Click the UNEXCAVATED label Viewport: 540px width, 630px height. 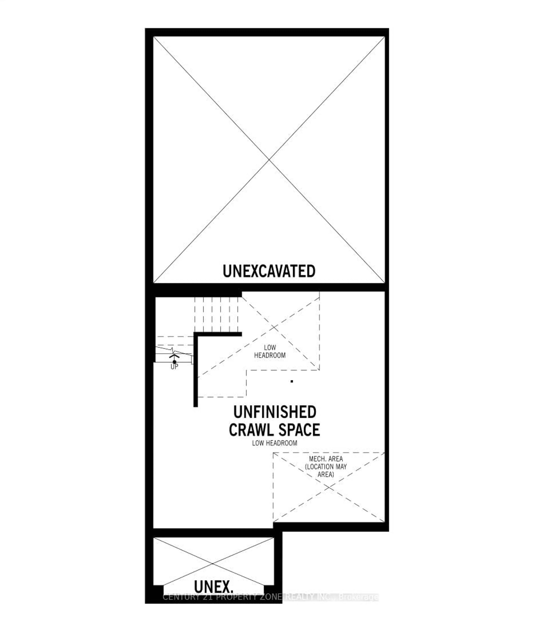[x=269, y=271]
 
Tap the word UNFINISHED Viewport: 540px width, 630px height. [x=275, y=412]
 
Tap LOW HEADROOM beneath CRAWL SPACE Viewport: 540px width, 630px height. [x=274, y=443]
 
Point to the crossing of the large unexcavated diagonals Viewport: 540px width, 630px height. [x=269, y=159]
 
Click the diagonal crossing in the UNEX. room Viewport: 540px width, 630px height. [x=213, y=563]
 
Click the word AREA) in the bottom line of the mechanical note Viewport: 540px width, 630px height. [x=326, y=474]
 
